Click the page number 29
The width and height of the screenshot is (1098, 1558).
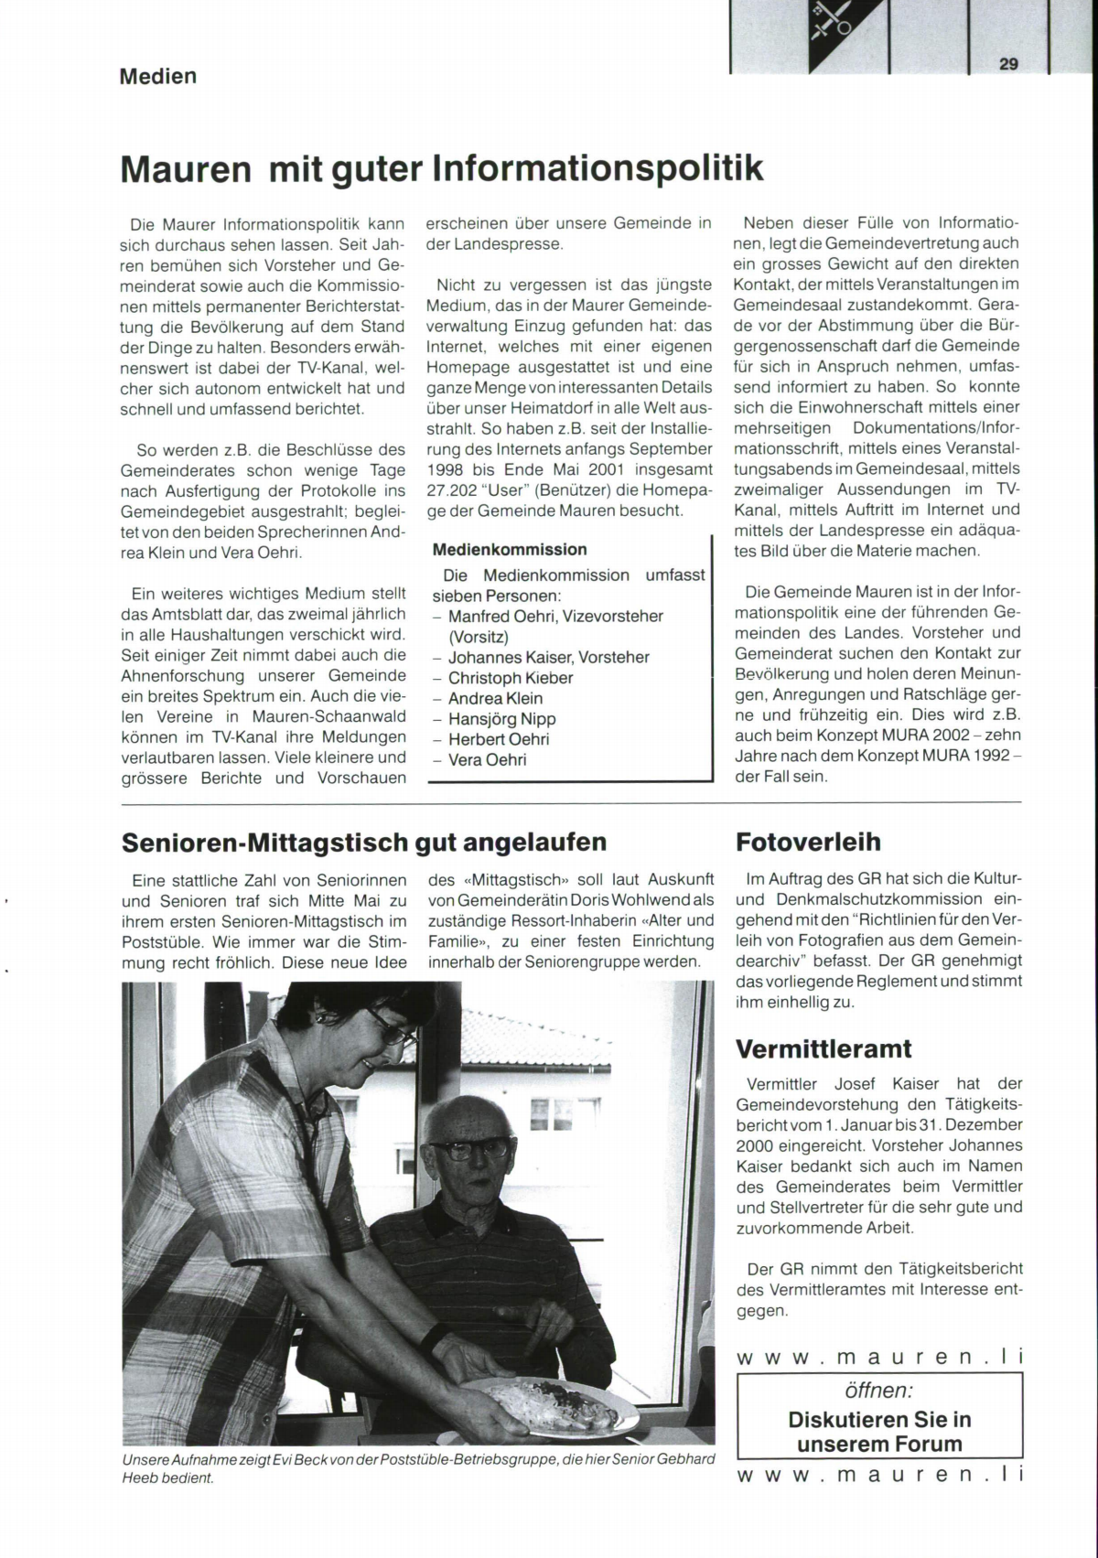point(1008,63)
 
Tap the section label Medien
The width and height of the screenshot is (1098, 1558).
point(157,76)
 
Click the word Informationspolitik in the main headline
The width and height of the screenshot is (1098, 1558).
point(597,168)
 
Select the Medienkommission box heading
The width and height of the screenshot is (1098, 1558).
point(510,550)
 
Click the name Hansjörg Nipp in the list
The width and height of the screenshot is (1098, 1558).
point(501,719)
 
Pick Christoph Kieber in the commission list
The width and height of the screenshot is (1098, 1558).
point(511,678)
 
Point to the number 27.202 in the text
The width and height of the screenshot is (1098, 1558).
point(453,490)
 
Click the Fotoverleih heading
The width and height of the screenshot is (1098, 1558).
point(808,843)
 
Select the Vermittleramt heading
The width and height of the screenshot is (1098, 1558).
point(823,1049)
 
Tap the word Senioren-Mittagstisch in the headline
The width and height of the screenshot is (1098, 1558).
point(265,843)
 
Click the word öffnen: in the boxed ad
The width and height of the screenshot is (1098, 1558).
point(878,1391)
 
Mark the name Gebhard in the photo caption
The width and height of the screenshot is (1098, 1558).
point(684,1459)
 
